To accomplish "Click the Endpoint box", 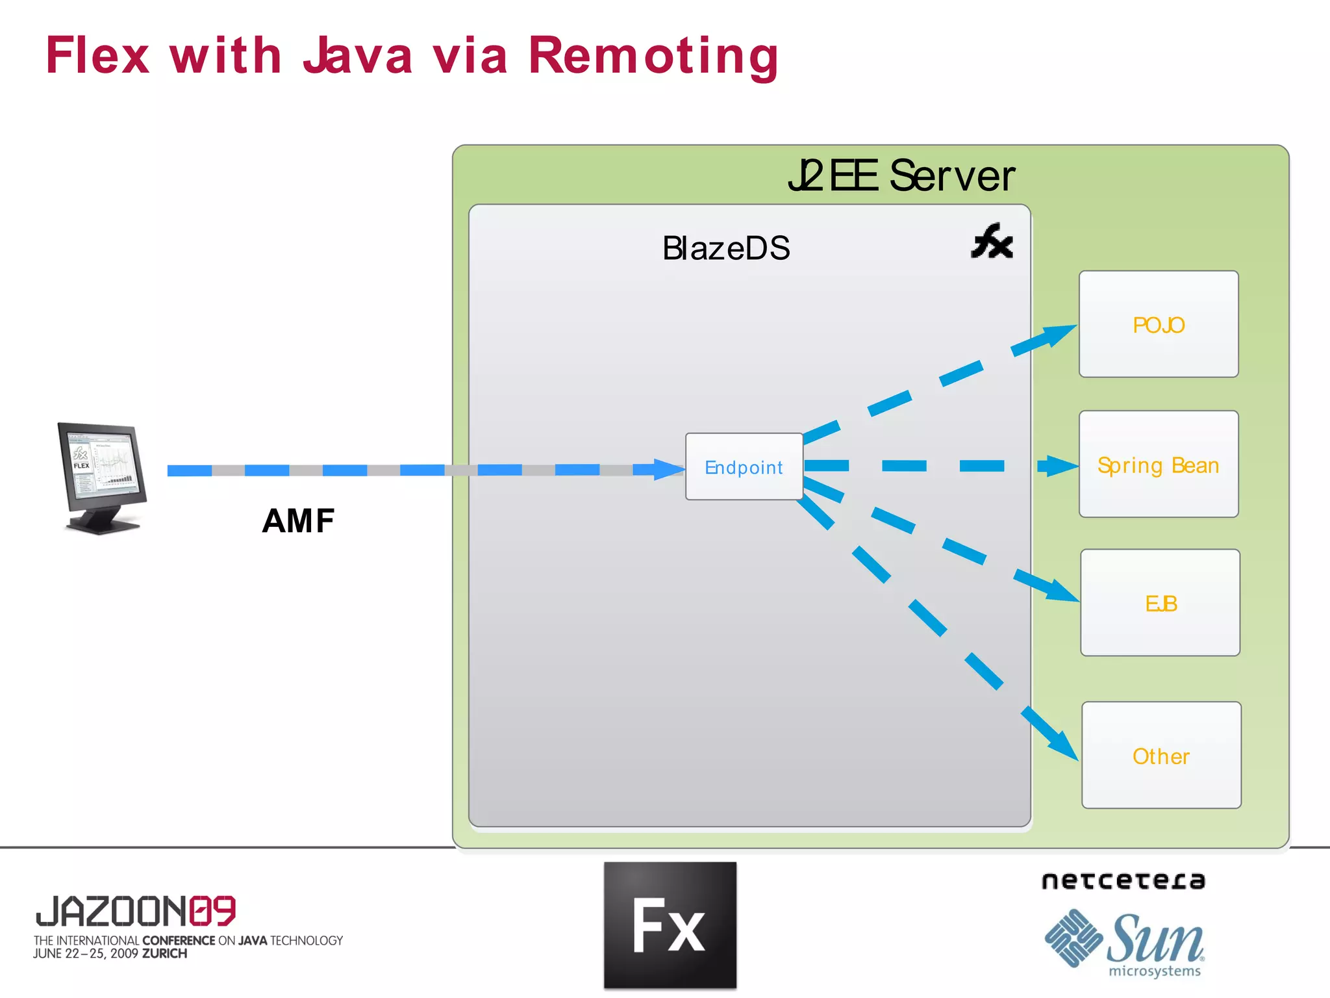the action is (744, 467).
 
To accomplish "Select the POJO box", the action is (1159, 324).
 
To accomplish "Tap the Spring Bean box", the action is (1159, 464).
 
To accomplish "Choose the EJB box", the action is (1160, 603).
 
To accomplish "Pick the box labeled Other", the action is (1161, 755).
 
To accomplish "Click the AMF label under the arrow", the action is (299, 520).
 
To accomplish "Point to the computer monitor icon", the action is (102, 478).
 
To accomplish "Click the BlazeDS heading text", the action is (726, 248).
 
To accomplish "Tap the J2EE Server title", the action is (901, 175).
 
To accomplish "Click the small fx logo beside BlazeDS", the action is (992, 241).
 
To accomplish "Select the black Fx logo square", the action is (670, 925).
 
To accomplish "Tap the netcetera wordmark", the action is (1123, 880).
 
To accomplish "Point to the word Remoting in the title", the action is (653, 57).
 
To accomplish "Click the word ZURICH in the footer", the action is (165, 953).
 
